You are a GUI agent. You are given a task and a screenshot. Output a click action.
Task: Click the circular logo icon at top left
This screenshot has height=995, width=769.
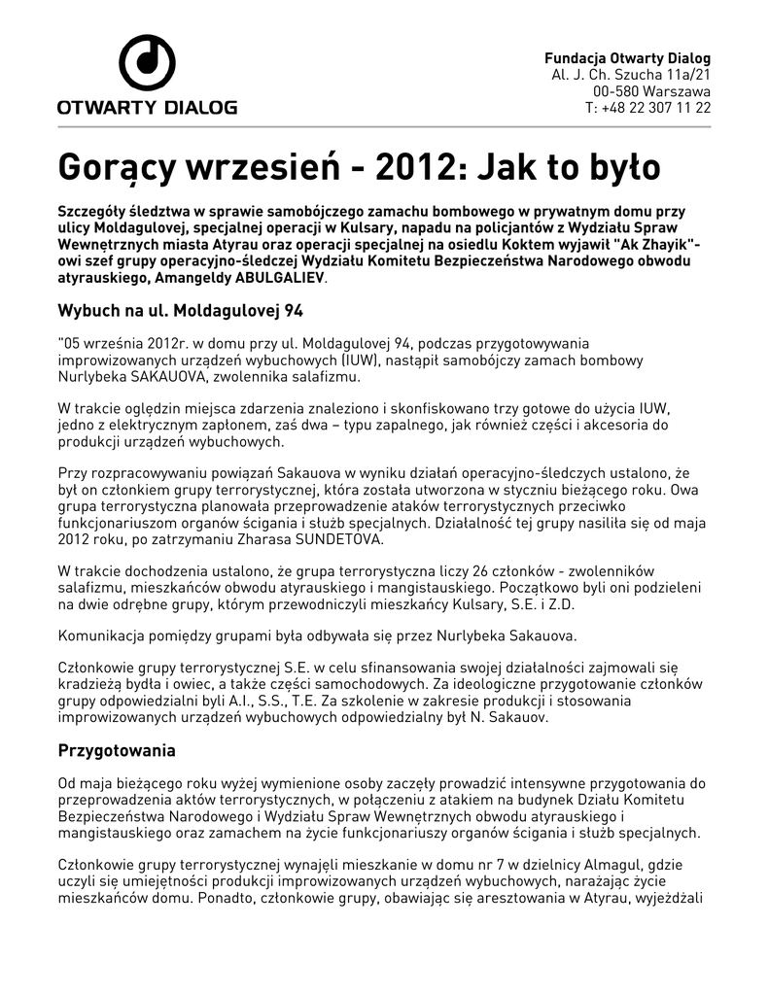pos(146,61)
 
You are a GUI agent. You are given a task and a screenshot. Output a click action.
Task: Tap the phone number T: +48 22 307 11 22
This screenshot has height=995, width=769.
pos(647,107)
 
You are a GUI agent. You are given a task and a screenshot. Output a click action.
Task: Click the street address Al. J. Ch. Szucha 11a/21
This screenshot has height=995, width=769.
pos(631,74)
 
